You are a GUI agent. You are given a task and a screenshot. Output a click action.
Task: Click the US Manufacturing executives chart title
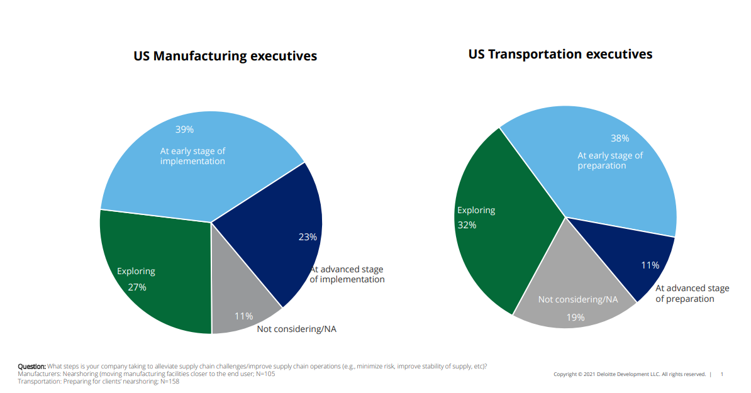(x=225, y=56)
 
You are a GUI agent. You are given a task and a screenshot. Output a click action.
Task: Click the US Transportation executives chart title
(x=560, y=54)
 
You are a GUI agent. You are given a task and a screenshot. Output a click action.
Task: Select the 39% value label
(x=184, y=130)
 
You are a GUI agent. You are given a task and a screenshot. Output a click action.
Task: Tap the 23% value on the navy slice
(x=308, y=237)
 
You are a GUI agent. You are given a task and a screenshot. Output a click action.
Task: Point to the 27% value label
(x=136, y=287)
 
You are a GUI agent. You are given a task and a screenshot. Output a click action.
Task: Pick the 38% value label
(x=620, y=138)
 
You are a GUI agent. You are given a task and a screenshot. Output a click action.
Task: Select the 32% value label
(x=467, y=224)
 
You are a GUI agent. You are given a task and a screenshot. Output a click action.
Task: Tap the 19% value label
(x=575, y=317)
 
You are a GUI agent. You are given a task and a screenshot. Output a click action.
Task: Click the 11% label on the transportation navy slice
(x=650, y=265)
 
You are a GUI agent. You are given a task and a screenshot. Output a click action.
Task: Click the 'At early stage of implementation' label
(x=192, y=156)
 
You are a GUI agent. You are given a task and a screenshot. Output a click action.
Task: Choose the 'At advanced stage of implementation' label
(x=347, y=274)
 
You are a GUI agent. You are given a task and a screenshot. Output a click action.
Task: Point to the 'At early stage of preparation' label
(x=610, y=160)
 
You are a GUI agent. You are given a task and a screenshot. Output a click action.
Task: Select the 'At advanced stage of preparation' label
(x=692, y=294)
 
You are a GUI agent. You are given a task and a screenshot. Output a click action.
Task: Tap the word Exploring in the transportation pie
(x=476, y=210)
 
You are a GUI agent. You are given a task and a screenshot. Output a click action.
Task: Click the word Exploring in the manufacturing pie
(x=136, y=271)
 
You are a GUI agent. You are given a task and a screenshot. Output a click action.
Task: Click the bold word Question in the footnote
(x=31, y=367)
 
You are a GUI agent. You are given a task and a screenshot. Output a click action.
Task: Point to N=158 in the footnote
(x=169, y=381)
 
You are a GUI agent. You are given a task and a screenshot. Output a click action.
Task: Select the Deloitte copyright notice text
(x=629, y=374)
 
